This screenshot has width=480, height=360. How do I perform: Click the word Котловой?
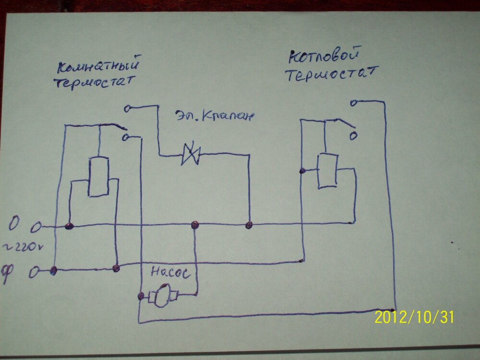click(x=324, y=57)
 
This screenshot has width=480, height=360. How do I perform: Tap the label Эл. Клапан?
click(x=213, y=116)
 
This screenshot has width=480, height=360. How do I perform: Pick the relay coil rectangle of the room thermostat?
click(x=99, y=176)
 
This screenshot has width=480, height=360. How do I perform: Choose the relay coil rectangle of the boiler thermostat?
click(x=327, y=171)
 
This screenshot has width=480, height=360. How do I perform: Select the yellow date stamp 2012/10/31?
click(x=414, y=317)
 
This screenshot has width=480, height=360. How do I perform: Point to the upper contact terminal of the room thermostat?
click(x=127, y=109)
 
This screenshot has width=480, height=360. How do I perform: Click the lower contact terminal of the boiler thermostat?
click(x=353, y=136)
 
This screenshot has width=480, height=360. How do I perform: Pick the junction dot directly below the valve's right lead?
click(x=249, y=225)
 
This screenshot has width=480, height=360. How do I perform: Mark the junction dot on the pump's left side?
click(x=141, y=296)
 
